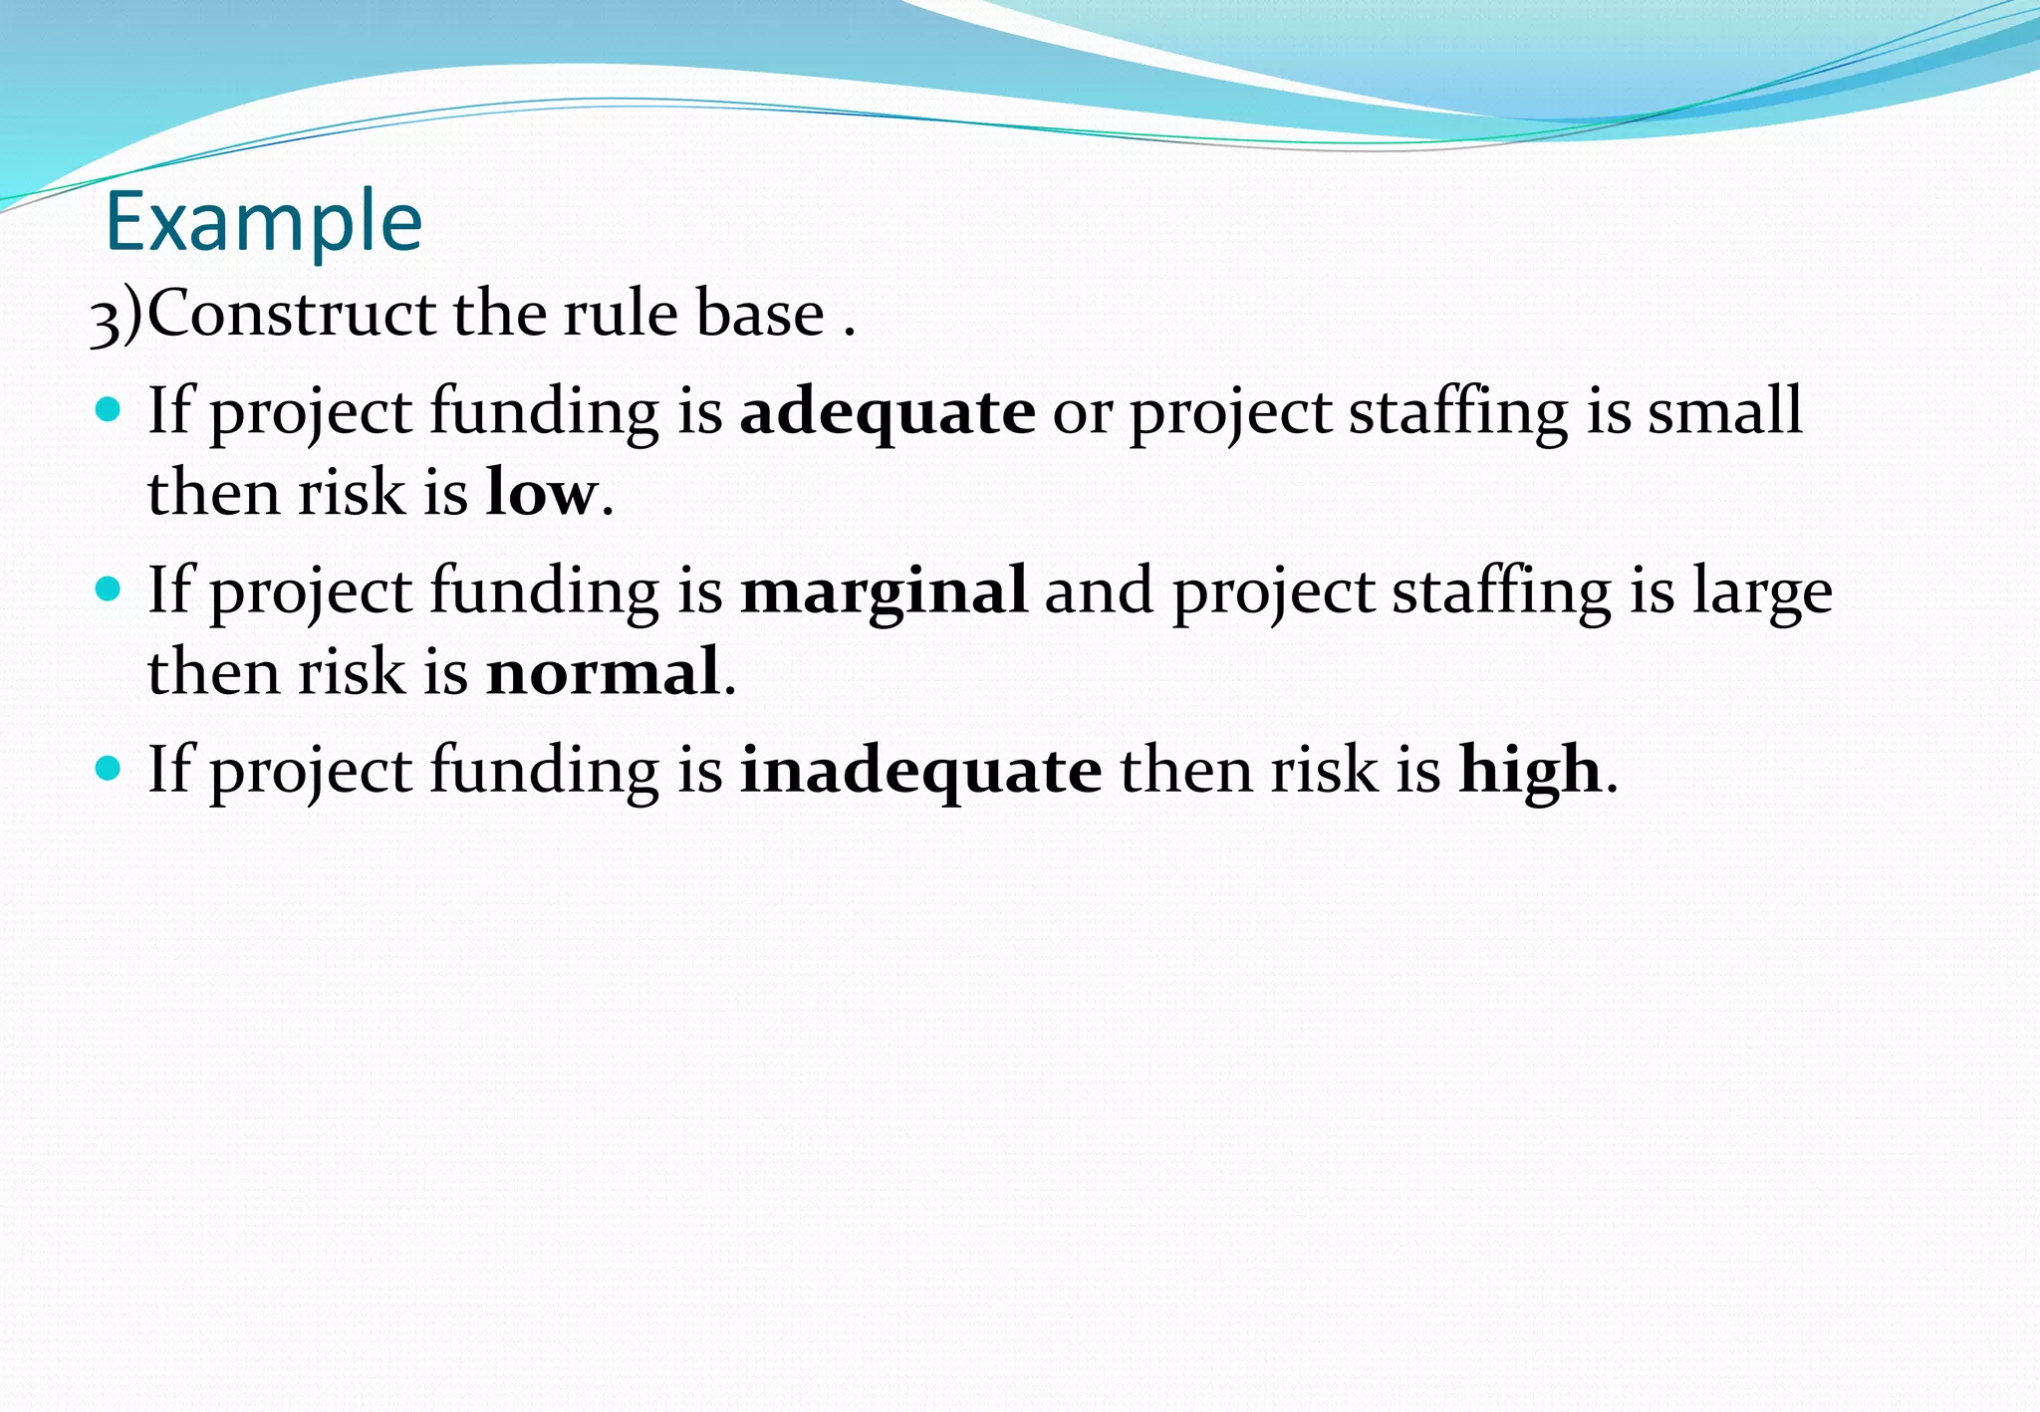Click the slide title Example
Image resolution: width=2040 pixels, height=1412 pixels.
point(264,222)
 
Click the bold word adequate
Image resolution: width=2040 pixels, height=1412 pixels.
point(888,411)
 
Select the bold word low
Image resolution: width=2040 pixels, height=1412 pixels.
point(541,492)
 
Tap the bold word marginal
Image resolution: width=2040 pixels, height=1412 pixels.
point(884,590)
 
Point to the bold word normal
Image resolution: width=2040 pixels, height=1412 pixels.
point(603,671)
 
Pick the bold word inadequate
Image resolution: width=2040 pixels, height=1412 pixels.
point(920,770)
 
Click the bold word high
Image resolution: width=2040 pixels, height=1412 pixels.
point(1530,770)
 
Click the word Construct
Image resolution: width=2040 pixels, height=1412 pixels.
point(292,314)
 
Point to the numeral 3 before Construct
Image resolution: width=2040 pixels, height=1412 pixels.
point(104,320)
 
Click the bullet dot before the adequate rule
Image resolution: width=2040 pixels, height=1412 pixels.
point(108,409)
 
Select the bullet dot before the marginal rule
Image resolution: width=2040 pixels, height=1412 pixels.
point(108,588)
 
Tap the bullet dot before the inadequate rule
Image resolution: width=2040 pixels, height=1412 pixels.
point(108,768)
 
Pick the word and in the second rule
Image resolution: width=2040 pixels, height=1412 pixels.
point(1099,590)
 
